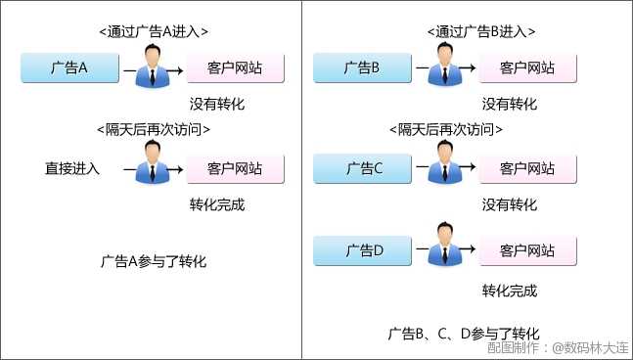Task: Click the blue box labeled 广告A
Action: click(69, 68)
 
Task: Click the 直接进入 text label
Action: click(72, 168)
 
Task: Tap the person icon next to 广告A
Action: click(153, 66)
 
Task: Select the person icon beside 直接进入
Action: click(153, 162)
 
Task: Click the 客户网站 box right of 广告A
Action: click(235, 68)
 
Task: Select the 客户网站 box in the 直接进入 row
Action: click(235, 168)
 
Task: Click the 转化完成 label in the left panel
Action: click(216, 205)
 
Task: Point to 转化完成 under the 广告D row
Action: click(510, 291)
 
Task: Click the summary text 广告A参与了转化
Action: click(154, 262)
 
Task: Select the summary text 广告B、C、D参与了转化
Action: click(463, 334)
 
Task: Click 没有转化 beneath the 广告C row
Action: click(510, 205)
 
